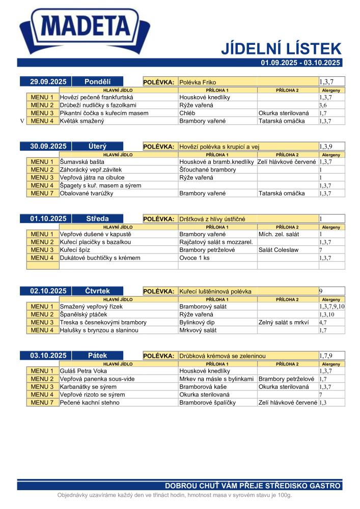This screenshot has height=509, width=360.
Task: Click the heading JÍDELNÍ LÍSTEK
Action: (281, 49)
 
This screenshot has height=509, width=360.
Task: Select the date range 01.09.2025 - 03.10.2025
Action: (300, 63)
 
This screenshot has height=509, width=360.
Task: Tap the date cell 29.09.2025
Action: (48, 81)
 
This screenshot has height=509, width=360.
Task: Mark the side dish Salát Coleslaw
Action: (278, 250)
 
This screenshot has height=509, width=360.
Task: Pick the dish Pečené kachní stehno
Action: (90, 403)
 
